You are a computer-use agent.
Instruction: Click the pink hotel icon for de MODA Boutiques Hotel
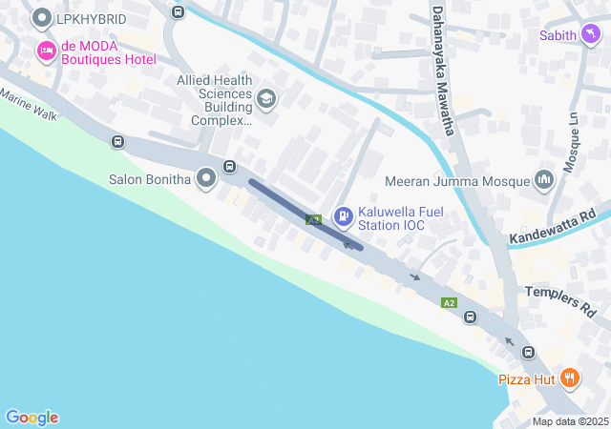coord(45,50)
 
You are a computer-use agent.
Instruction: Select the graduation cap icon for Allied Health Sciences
coord(266,97)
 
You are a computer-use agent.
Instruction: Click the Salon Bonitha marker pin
coord(206,178)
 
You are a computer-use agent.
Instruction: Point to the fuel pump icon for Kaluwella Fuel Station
coord(342,216)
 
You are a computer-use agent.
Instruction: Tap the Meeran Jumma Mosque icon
coord(544,180)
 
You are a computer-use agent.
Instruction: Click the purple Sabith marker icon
coord(592,35)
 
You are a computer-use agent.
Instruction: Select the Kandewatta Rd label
coord(553,225)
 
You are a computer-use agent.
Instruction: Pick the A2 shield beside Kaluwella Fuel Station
coord(313,220)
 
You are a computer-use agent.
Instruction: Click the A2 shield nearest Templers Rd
coord(449,302)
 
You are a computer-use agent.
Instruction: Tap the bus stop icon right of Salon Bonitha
coord(230,167)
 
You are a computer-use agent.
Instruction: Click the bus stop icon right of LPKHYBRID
coord(178,11)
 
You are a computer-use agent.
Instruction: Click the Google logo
coord(32,418)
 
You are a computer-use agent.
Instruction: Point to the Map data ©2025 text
coord(570,421)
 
